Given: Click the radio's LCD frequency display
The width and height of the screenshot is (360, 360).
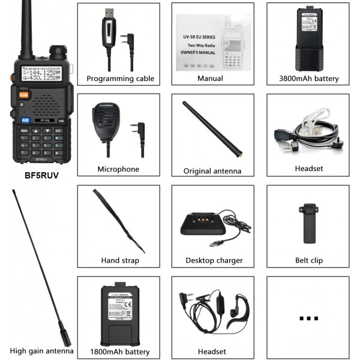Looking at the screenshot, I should coord(41,75).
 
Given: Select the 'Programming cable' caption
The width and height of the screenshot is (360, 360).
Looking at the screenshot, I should coord(120,79).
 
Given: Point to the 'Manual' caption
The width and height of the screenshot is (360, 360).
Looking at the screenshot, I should coord(210,79).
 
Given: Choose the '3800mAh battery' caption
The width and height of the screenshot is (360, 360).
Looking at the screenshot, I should coord(308,79).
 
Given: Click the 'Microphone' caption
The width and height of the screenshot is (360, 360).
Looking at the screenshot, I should coord(118,170).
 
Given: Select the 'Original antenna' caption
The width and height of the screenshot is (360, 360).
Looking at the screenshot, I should coord(212,171).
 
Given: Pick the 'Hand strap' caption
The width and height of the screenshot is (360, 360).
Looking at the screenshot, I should coord(120,261).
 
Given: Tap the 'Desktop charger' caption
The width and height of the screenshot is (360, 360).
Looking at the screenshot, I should coord(214,261).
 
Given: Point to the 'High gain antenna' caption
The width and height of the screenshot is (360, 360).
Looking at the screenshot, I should coord(42,351).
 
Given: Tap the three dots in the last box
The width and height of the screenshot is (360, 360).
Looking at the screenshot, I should coord(308,318).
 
